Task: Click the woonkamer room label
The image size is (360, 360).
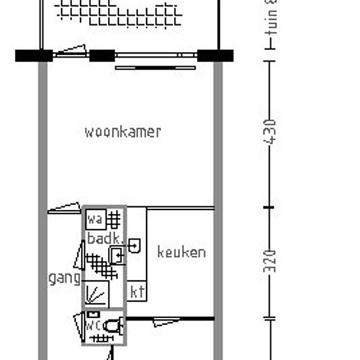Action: coord(122,132)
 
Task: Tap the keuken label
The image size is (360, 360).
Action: coord(181,252)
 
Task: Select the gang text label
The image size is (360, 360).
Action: coord(64,278)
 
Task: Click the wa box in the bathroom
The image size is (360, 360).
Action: coord(96,218)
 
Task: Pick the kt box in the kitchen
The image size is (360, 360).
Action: coord(137,291)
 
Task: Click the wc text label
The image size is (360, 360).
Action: coord(93,325)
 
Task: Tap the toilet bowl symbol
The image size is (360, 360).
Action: coord(114,324)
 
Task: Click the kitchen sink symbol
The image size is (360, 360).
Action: coord(135,246)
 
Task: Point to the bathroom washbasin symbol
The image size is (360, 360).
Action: coord(117,256)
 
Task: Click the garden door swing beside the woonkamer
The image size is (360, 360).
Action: coord(71,51)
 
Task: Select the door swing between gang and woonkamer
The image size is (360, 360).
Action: coord(65,209)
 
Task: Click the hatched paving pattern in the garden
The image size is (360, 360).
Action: coord(118,12)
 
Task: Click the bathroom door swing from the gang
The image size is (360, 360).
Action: coord(79,256)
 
